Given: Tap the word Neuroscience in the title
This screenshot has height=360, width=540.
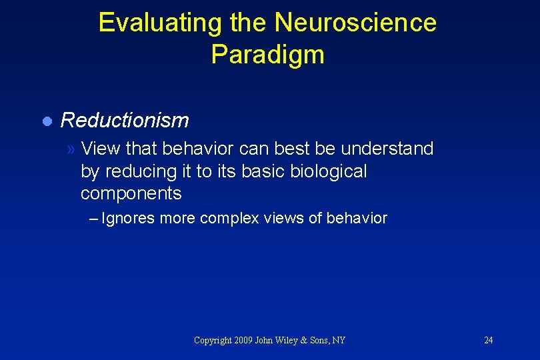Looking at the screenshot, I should tap(355, 23).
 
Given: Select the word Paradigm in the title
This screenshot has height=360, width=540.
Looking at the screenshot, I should tap(267, 55).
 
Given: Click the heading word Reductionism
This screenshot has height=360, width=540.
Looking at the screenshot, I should tap(125, 121).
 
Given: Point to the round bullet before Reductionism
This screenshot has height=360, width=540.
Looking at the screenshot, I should tap(46, 121).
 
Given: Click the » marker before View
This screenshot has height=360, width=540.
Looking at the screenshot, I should tap(71, 149).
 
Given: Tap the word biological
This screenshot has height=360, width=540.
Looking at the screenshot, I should tap(329, 171).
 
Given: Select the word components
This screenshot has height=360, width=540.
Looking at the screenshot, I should tap(131, 194).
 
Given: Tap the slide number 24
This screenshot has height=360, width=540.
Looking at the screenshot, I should tap(488, 340).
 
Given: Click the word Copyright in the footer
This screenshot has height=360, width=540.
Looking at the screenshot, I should tap(213, 340).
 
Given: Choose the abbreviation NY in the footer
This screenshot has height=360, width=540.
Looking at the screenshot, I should tap(339, 340).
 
